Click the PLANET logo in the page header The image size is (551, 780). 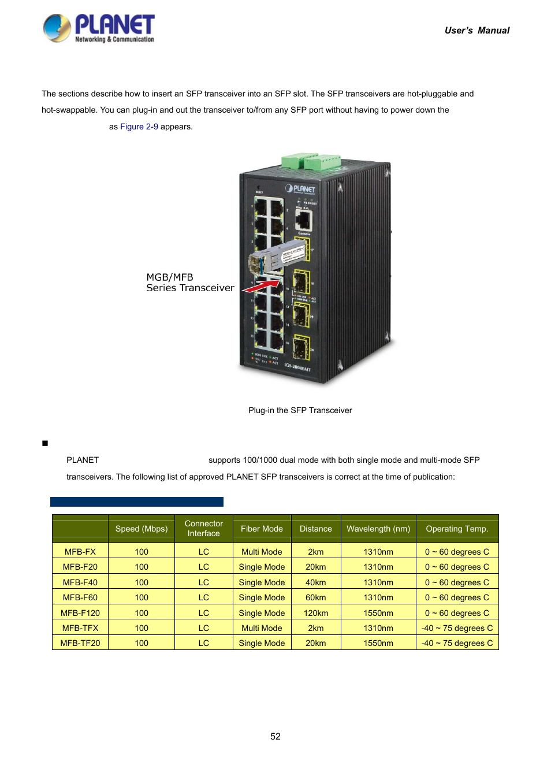pyautogui.click(x=99, y=28)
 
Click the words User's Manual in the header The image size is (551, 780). pyautogui.click(x=476, y=31)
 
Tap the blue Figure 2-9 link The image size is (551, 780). pyautogui.click(x=139, y=127)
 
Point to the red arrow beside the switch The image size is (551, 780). pyautogui.click(x=261, y=285)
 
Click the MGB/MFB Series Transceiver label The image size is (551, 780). pyautogui.click(x=189, y=283)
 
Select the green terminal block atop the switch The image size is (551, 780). pyautogui.click(x=311, y=161)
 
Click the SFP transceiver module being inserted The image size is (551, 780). pyautogui.click(x=277, y=258)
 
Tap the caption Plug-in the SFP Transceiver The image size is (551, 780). pyautogui.click(x=300, y=410)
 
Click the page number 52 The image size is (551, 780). pyautogui.click(x=275, y=736)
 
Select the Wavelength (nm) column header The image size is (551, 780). pyautogui.click(x=378, y=529)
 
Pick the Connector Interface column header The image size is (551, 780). pyautogui.click(x=203, y=529)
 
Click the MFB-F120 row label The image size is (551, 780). pyautogui.click(x=80, y=613)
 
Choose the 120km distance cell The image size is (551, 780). pyautogui.click(x=315, y=613)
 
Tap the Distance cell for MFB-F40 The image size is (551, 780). pyautogui.click(x=315, y=582)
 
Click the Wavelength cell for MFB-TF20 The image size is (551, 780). pyautogui.click(x=378, y=643)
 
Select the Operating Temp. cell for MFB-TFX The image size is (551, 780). pyautogui.click(x=457, y=628)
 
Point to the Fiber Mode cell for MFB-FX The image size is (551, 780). pyautogui.click(x=262, y=552)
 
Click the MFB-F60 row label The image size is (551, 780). pyautogui.click(x=80, y=597)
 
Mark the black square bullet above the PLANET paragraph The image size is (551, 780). pyautogui.click(x=45, y=443)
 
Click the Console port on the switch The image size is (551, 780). pyautogui.click(x=303, y=220)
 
